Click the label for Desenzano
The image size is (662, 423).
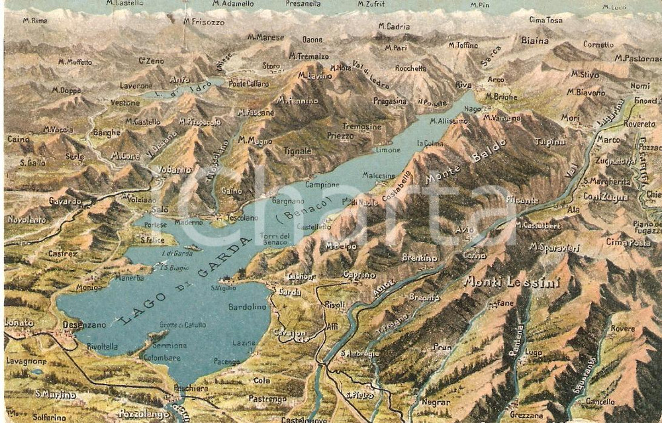pyautogui.click(x=84, y=325)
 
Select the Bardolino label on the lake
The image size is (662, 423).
pyautogui.click(x=247, y=307)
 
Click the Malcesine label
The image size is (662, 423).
pyautogui.click(x=379, y=175)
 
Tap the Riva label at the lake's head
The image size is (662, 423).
pyautogui.click(x=463, y=85)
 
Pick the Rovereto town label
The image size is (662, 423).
pyautogui.click(x=639, y=124)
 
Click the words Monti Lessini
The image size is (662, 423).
pyautogui.click(x=511, y=282)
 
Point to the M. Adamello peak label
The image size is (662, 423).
pyautogui.click(x=233, y=4)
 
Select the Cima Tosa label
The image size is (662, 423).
pyautogui.click(x=545, y=20)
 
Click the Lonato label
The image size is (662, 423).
pyautogui.click(x=19, y=322)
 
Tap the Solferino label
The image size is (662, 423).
pyautogui.click(x=50, y=417)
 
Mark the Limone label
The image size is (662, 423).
pyautogui.click(x=388, y=150)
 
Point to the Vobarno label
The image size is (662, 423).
pyautogui.click(x=175, y=169)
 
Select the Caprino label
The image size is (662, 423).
pyautogui.click(x=359, y=275)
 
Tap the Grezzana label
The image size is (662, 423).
pyautogui.click(x=527, y=416)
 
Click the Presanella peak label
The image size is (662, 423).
pyautogui.click(x=303, y=4)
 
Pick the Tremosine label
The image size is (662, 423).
pyautogui.click(x=362, y=126)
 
